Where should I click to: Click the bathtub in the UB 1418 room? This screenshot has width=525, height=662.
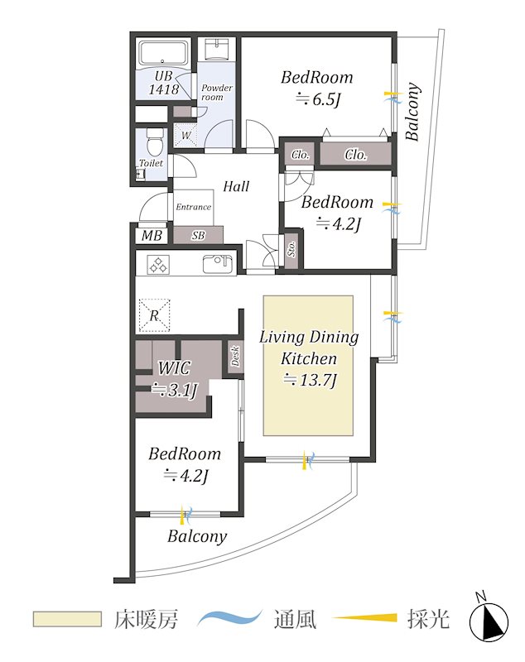pos(164,54)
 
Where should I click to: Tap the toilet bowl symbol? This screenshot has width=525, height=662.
pos(152,142)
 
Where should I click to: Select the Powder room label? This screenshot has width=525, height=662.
pos(216,92)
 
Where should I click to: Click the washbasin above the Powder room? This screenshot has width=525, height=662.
pos(218,49)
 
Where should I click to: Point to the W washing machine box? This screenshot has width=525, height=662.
pos(185,135)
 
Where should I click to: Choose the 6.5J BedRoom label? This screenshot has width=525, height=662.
pos(317,89)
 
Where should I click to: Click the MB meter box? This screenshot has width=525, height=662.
pos(152,235)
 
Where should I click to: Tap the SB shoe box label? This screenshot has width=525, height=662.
pos(198,235)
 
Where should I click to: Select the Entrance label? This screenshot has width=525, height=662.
pos(194,207)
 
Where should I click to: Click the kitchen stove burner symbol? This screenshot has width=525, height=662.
pos(157,265)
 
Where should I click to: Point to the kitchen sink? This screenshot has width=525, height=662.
pos(217,265)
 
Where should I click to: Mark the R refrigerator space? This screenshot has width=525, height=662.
pos(154,315)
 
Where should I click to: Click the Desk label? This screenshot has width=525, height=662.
pos(235,357)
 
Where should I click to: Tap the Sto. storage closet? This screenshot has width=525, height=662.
pos(291,249)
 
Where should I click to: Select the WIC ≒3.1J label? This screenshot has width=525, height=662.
pos(175,379)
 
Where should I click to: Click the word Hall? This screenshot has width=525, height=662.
pos(236,186)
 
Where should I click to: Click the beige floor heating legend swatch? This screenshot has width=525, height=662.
pos(68,619)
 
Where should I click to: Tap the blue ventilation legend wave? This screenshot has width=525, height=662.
pos(230,618)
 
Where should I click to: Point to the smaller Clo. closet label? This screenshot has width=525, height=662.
pos(301,155)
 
